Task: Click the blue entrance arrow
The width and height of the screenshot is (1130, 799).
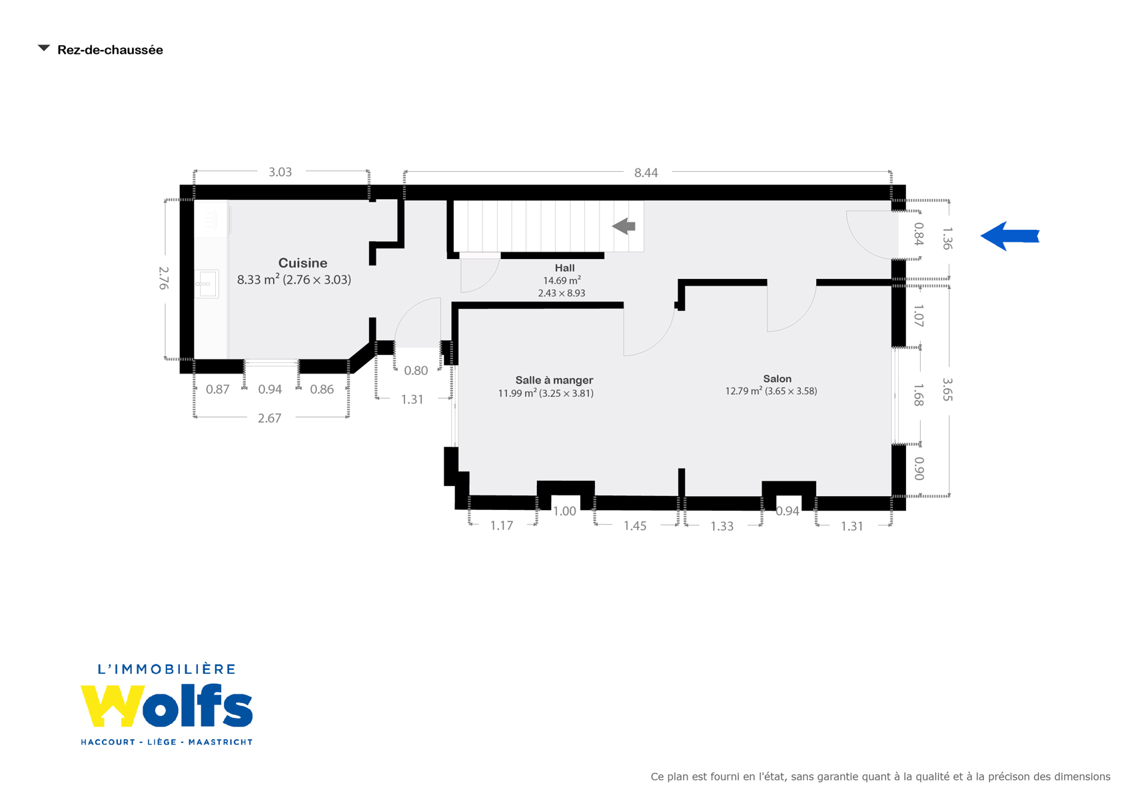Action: click(x=1009, y=236)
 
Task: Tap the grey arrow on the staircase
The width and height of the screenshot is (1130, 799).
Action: click(x=624, y=226)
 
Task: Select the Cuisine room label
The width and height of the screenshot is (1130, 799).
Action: click(x=302, y=262)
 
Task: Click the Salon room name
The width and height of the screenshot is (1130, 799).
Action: click(x=777, y=379)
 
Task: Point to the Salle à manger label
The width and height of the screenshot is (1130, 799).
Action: click(x=554, y=380)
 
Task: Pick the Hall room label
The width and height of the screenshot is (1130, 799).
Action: click(x=564, y=268)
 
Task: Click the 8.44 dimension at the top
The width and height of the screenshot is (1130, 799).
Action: click(x=646, y=172)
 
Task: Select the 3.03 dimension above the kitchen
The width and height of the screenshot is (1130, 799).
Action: click(x=280, y=172)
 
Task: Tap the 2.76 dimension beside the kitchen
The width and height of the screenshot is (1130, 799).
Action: click(x=163, y=278)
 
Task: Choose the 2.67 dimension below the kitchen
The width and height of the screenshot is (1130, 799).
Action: click(x=269, y=418)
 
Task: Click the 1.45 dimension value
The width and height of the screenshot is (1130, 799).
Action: click(x=634, y=526)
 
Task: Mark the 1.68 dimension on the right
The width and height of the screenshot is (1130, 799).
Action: click(x=919, y=396)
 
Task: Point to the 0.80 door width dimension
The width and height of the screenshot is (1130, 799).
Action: click(x=416, y=370)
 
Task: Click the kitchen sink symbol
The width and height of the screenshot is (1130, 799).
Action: click(x=207, y=284)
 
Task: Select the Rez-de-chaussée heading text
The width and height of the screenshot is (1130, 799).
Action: click(x=110, y=50)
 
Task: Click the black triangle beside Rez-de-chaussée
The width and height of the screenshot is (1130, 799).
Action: click(x=44, y=48)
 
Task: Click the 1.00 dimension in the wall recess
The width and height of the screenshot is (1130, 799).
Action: click(x=564, y=511)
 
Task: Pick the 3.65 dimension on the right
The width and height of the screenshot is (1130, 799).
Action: click(x=947, y=390)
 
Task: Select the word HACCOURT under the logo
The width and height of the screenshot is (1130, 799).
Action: click(x=108, y=742)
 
